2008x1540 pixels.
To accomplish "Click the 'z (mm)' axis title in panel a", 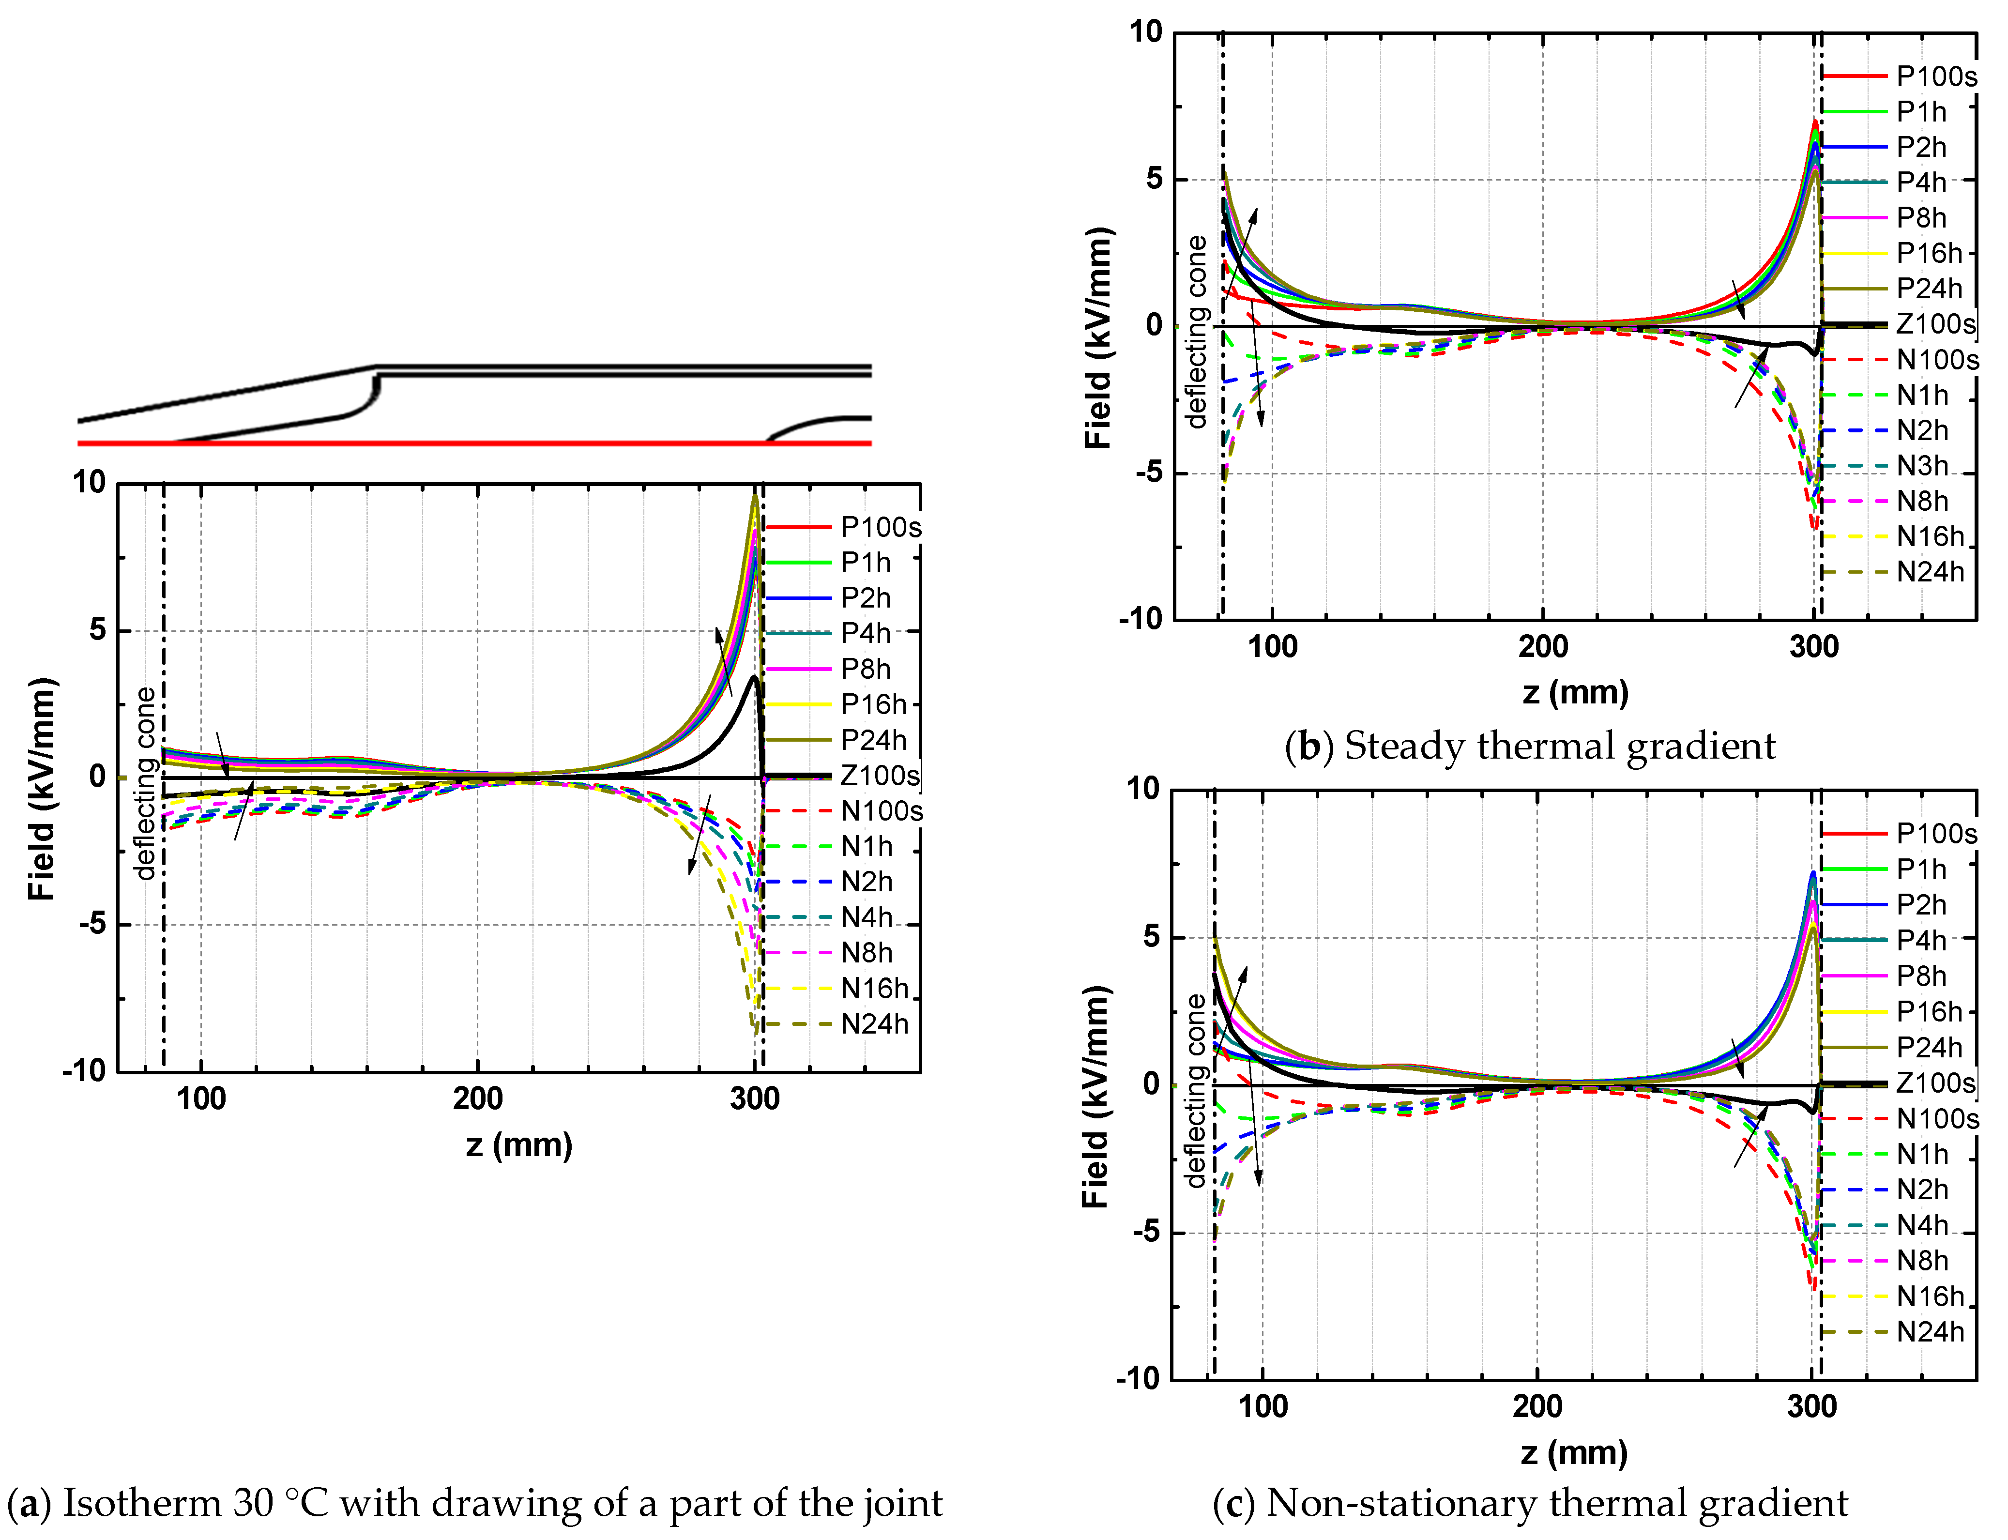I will [x=519, y=1145].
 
